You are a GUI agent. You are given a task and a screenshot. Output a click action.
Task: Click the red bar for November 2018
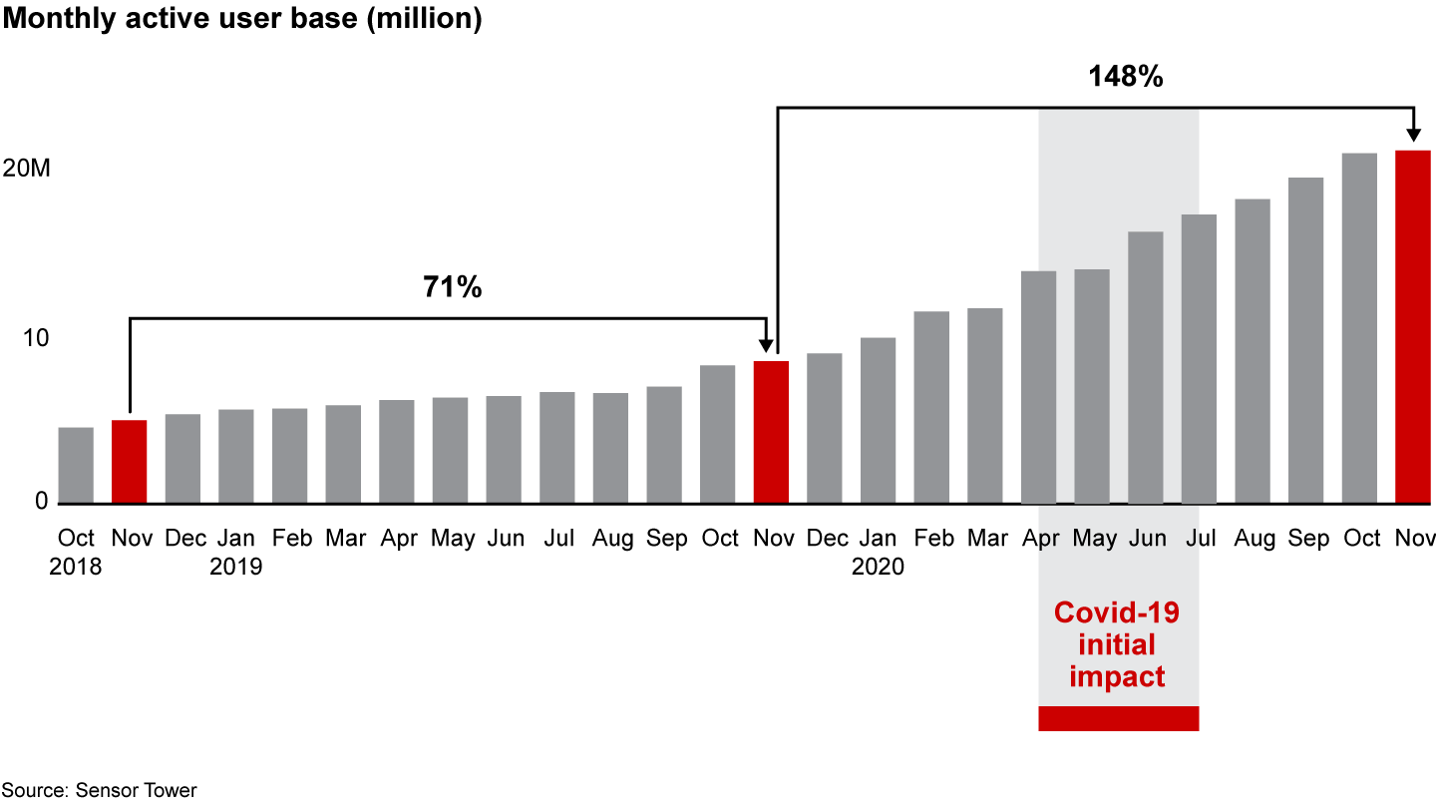coord(129,462)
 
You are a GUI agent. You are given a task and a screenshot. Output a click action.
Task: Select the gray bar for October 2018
coord(76,466)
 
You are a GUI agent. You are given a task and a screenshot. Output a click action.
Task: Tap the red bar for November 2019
coord(771,432)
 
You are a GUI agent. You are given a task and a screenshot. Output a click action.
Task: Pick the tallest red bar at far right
coord(1412,327)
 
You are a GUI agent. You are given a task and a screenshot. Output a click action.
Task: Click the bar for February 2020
coord(931,407)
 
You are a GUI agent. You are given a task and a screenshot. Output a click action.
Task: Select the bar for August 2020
coord(1253,351)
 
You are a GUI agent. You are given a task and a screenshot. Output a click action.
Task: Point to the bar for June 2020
coord(1145,367)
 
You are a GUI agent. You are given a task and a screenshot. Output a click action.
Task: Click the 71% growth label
coord(452,288)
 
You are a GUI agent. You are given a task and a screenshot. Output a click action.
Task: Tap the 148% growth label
coord(1125,77)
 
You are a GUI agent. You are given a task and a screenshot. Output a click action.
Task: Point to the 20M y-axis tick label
coord(26,169)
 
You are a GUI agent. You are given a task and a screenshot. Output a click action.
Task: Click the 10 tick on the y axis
coord(36,338)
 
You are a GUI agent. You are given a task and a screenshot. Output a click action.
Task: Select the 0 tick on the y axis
coord(41,501)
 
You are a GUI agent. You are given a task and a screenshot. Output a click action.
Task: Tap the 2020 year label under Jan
coord(878,567)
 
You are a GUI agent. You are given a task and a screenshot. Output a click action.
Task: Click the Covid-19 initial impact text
coord(1117,644)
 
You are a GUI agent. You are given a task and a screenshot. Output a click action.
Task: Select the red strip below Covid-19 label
coord(1118,718)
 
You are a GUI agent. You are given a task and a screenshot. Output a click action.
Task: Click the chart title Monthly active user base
coord(241,20)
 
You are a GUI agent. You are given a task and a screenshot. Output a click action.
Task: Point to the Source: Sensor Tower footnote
coord(99,790)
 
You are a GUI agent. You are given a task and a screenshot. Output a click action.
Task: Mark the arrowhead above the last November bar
coord(1413,136)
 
